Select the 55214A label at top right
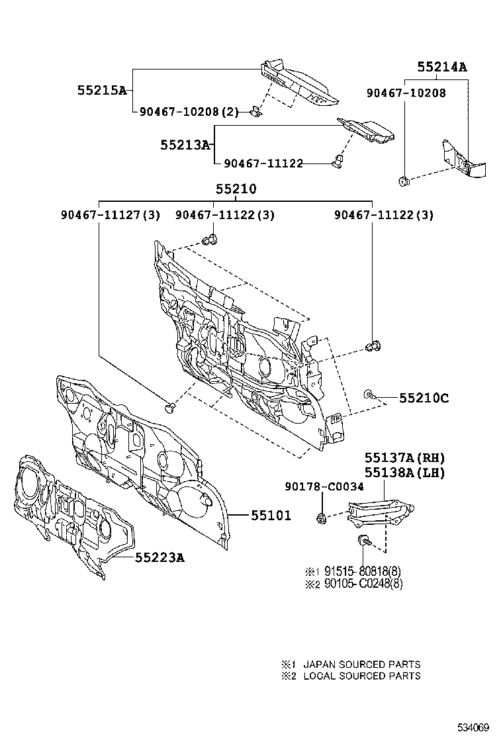pos(442,67)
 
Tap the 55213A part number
pos(185,144)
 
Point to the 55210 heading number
pos(236,189)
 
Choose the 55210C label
pos(424,398)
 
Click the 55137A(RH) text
pos(404,458)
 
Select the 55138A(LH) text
pos(404,473)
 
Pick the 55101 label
pos(271,515)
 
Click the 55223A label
pos(160,558)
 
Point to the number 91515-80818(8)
pos(363,571)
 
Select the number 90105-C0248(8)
pos(363,583)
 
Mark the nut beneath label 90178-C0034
pos(321,518)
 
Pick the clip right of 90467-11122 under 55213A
pos(340,160)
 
